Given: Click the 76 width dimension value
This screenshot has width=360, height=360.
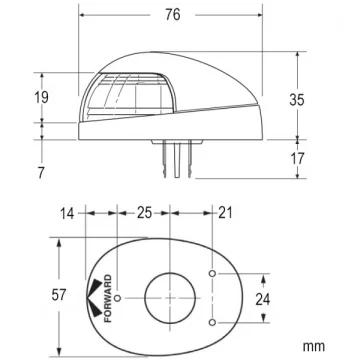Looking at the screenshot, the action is point(173,15).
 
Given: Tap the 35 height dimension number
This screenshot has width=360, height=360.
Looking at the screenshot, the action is point(297,100).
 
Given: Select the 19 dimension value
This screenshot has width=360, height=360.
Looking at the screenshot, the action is point(42,97).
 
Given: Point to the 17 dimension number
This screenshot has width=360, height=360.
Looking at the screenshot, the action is point(297,159).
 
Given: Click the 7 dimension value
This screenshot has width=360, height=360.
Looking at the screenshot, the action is point(41,173).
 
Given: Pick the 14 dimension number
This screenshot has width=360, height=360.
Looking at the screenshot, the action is point(67,213).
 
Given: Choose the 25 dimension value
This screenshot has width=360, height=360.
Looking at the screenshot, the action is point(145,213).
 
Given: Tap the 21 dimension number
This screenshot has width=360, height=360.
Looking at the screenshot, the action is point(225,213).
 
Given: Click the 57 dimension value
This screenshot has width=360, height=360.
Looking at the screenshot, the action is point(59,295).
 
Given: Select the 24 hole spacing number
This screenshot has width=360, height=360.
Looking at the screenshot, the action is point(263,299).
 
